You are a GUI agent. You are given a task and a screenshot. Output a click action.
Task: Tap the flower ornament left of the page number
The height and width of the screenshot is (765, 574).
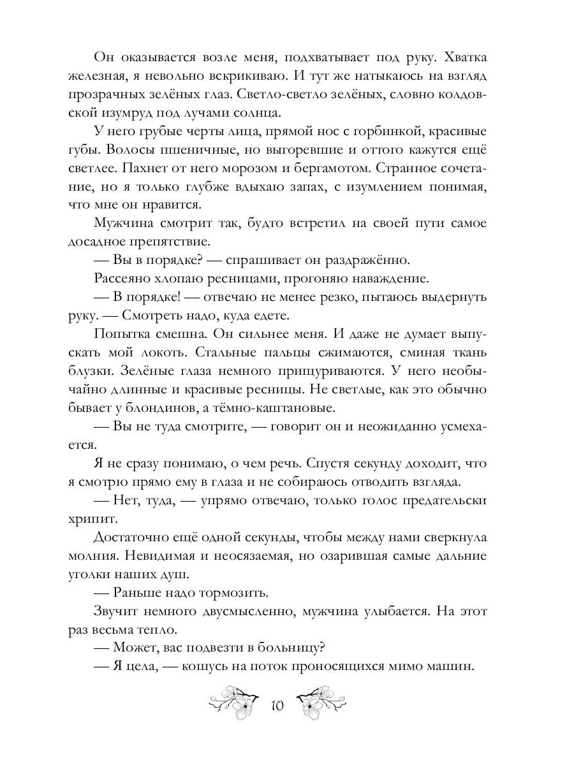click(234, 701)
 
